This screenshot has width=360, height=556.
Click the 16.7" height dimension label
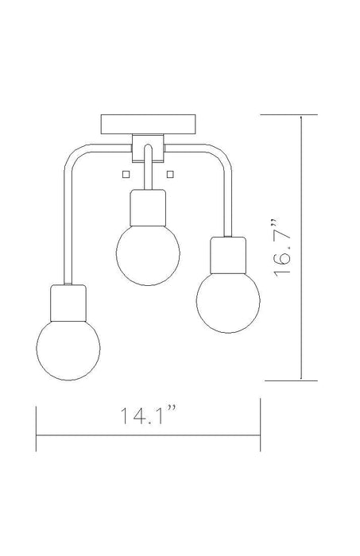tap(282, 248)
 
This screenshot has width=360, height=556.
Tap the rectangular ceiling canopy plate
tap(149, 124)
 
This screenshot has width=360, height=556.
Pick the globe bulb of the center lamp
tap(148, 254)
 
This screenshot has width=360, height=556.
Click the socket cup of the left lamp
tap(68, 303)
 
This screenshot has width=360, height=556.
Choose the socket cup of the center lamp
tap(148, 208)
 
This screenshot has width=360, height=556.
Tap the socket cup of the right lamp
tap(228, 255)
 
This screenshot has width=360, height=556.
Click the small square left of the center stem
tap(126, 174)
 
